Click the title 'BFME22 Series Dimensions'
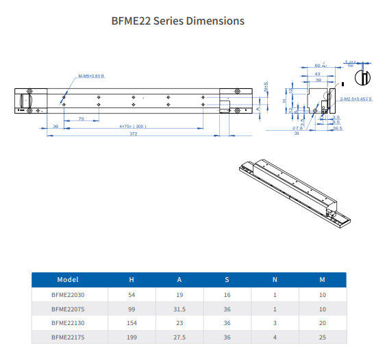tap(177, 21)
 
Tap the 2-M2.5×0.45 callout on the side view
tap(356, 99)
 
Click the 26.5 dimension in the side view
tap(336, 127)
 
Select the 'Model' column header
tap(68, 279)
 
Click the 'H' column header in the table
tap(132, 279)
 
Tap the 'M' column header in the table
tap(321, 279)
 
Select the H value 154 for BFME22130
tap(132, 323)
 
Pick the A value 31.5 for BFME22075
tap(179, 309)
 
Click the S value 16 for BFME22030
tap(227, 294)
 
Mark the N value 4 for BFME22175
tap(274, 337)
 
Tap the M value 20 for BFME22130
tap(321, 323)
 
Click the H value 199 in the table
tap(132, 337)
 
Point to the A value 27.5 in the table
tap(179, 337)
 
